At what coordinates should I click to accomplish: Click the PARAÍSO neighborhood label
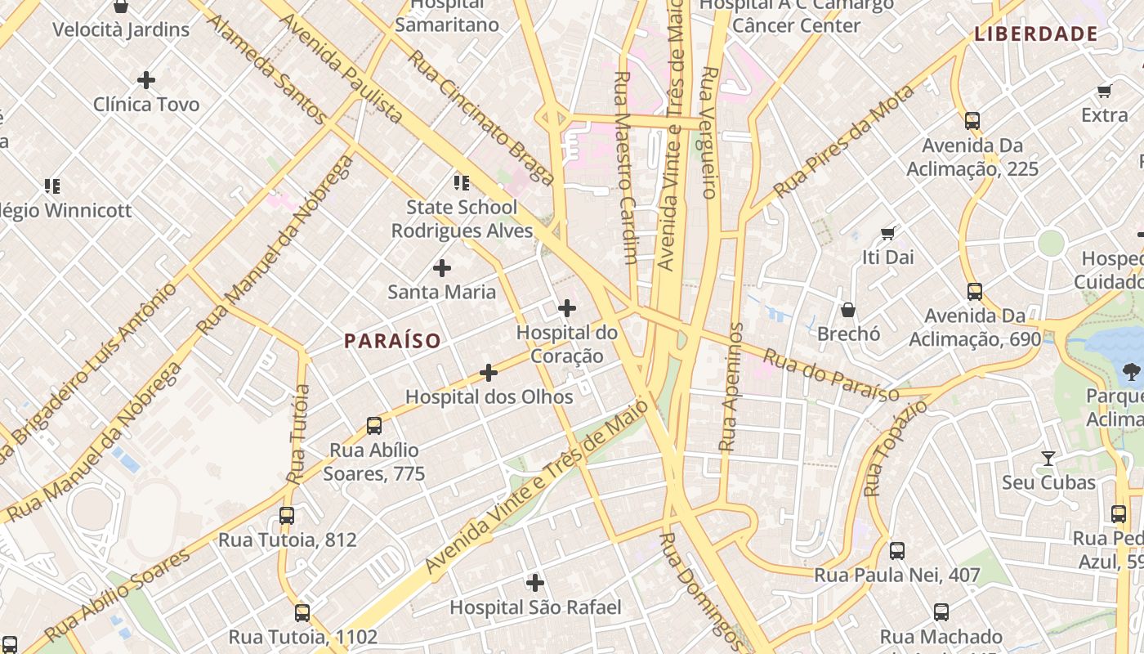click(392, 341)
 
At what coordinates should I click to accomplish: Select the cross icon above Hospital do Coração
click(567, 308)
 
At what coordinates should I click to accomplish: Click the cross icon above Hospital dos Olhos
click(489, 373)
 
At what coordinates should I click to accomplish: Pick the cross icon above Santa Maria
click(442, 267)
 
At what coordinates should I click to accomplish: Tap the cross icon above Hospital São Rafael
click(535, 583)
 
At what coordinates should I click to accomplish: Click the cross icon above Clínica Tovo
click(146, 80)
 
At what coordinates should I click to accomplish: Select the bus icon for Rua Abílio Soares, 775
click(374, 426)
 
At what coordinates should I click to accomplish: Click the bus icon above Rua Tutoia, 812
click(287, 516)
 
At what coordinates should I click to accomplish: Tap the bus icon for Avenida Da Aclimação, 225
click(972, 121)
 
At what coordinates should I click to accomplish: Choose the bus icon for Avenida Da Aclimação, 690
click(975, 292)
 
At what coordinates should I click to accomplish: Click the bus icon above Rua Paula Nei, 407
click(897, 551)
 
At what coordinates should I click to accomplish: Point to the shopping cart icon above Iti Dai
click(888, 234)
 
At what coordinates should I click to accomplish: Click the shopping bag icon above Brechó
click(848, 310)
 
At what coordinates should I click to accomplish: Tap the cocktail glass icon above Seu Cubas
click(1048, 458)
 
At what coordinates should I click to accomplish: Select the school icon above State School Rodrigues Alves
click(462, 183)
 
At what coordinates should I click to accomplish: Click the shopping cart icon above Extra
click(1105, 91)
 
